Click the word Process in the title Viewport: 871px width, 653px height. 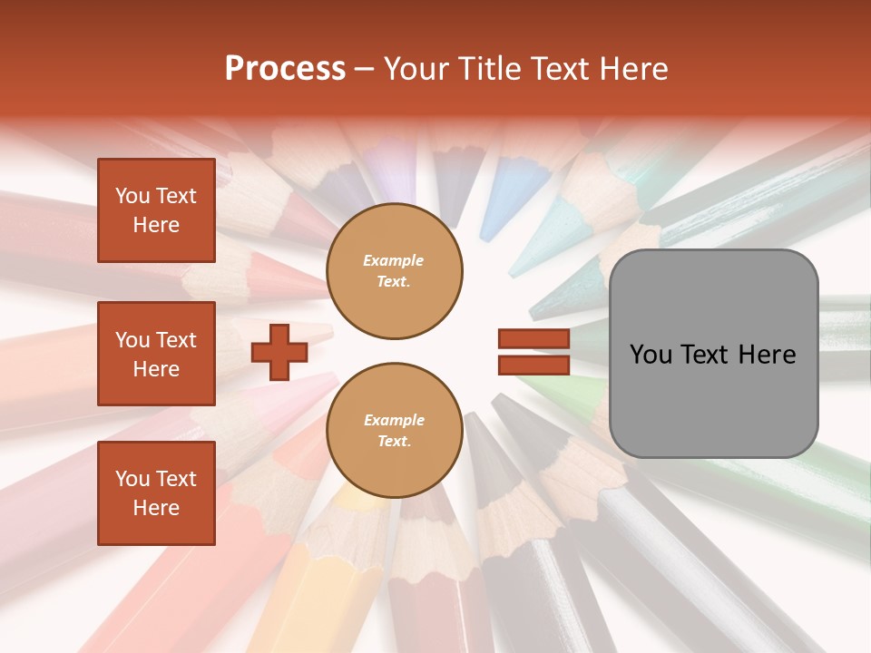(285, 69)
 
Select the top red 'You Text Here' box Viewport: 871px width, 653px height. (156, 210)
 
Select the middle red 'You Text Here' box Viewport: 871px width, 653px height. (156, 354)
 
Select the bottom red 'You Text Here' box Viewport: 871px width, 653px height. (156, 493)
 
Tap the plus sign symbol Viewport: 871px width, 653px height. (279, 351)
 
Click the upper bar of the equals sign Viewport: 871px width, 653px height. (533, 338)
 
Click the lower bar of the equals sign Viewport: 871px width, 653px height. (533, 365)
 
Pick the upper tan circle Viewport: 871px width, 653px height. (395, 270)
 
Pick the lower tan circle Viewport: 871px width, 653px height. (395, 430)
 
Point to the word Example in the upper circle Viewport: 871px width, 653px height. (394, 260)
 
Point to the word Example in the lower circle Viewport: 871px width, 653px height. (394, 420)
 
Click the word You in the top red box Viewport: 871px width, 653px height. (132, 196)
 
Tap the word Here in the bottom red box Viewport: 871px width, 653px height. (156, 508)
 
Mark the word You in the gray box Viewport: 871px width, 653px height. (651, 355)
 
